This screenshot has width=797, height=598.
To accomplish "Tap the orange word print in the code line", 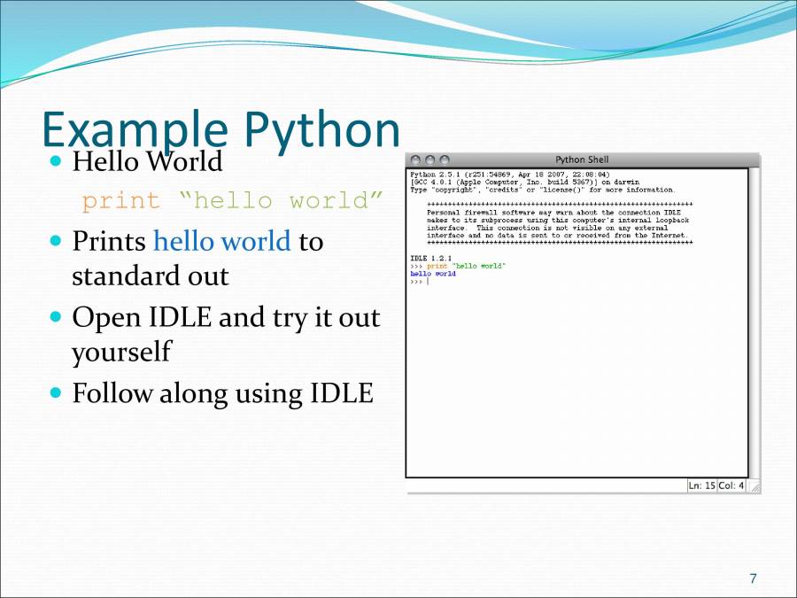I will (x=121, y=201).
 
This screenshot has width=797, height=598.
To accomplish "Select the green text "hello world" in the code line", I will (x=281, y=201).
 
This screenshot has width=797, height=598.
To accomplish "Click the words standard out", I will (x=150, y=276).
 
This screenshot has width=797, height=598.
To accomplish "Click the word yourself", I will (x=120, y=353).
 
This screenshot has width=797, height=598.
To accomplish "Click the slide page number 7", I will (x=753, y=579).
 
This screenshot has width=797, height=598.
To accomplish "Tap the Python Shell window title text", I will (x=582, y=159).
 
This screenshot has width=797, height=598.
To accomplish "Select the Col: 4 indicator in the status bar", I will (x=731, y=485).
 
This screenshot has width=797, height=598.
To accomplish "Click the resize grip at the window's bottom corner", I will (x=754, y=486).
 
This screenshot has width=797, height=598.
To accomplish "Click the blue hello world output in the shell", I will (x=433, y=274).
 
